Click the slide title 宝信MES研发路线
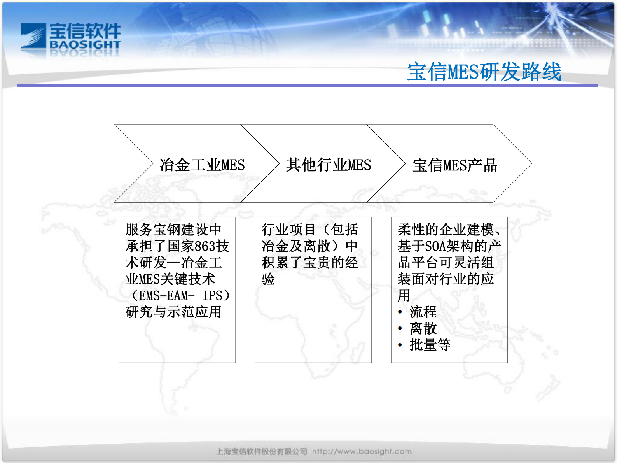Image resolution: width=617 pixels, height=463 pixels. [x=484, y=72]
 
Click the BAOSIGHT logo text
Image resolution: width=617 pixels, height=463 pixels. [x=85, y=45]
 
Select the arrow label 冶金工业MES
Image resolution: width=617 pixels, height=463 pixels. [x=202, y=165]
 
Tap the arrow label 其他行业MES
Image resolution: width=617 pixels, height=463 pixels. [x=329, y=165]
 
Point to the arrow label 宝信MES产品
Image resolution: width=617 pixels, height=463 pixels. [x=455, y=165]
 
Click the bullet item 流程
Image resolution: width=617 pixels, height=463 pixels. [x=423, y=312]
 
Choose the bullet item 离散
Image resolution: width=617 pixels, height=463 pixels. [x=423, y=328]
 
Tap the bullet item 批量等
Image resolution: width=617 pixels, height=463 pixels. [x=430, y=345]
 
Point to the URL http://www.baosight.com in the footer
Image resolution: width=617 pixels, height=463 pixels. [x=362, y=451]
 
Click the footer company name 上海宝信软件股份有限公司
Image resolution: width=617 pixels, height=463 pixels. [x=261, y=451]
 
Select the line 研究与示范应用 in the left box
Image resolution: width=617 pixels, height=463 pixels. [x=173, y=312]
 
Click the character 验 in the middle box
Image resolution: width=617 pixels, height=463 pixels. [x=268, y=279]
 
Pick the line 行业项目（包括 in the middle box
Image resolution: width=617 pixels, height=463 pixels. [x=310, y=230]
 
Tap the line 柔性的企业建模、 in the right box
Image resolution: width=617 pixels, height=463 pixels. [x=449, y=230]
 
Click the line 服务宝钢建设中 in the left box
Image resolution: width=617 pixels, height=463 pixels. [x=173, y=230]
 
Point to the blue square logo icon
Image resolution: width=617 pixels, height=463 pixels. [x=33, y=36]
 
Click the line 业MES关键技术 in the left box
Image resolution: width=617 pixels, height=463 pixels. [x=170, y=279]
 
